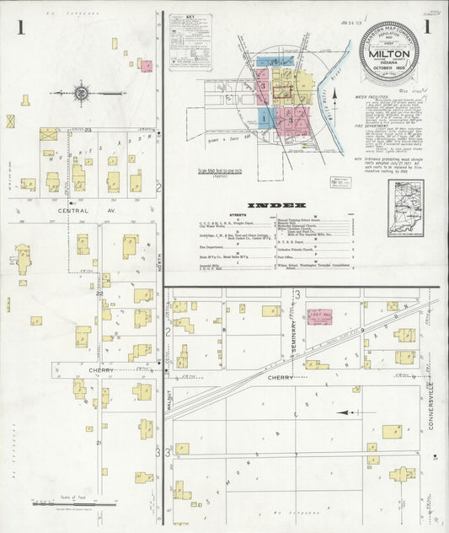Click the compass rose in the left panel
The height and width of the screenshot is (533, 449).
(82, 93)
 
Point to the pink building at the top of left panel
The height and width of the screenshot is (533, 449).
(146, 64)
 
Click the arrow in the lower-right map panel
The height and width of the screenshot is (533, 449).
(345, 412)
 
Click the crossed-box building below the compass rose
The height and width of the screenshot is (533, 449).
(11, 121)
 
